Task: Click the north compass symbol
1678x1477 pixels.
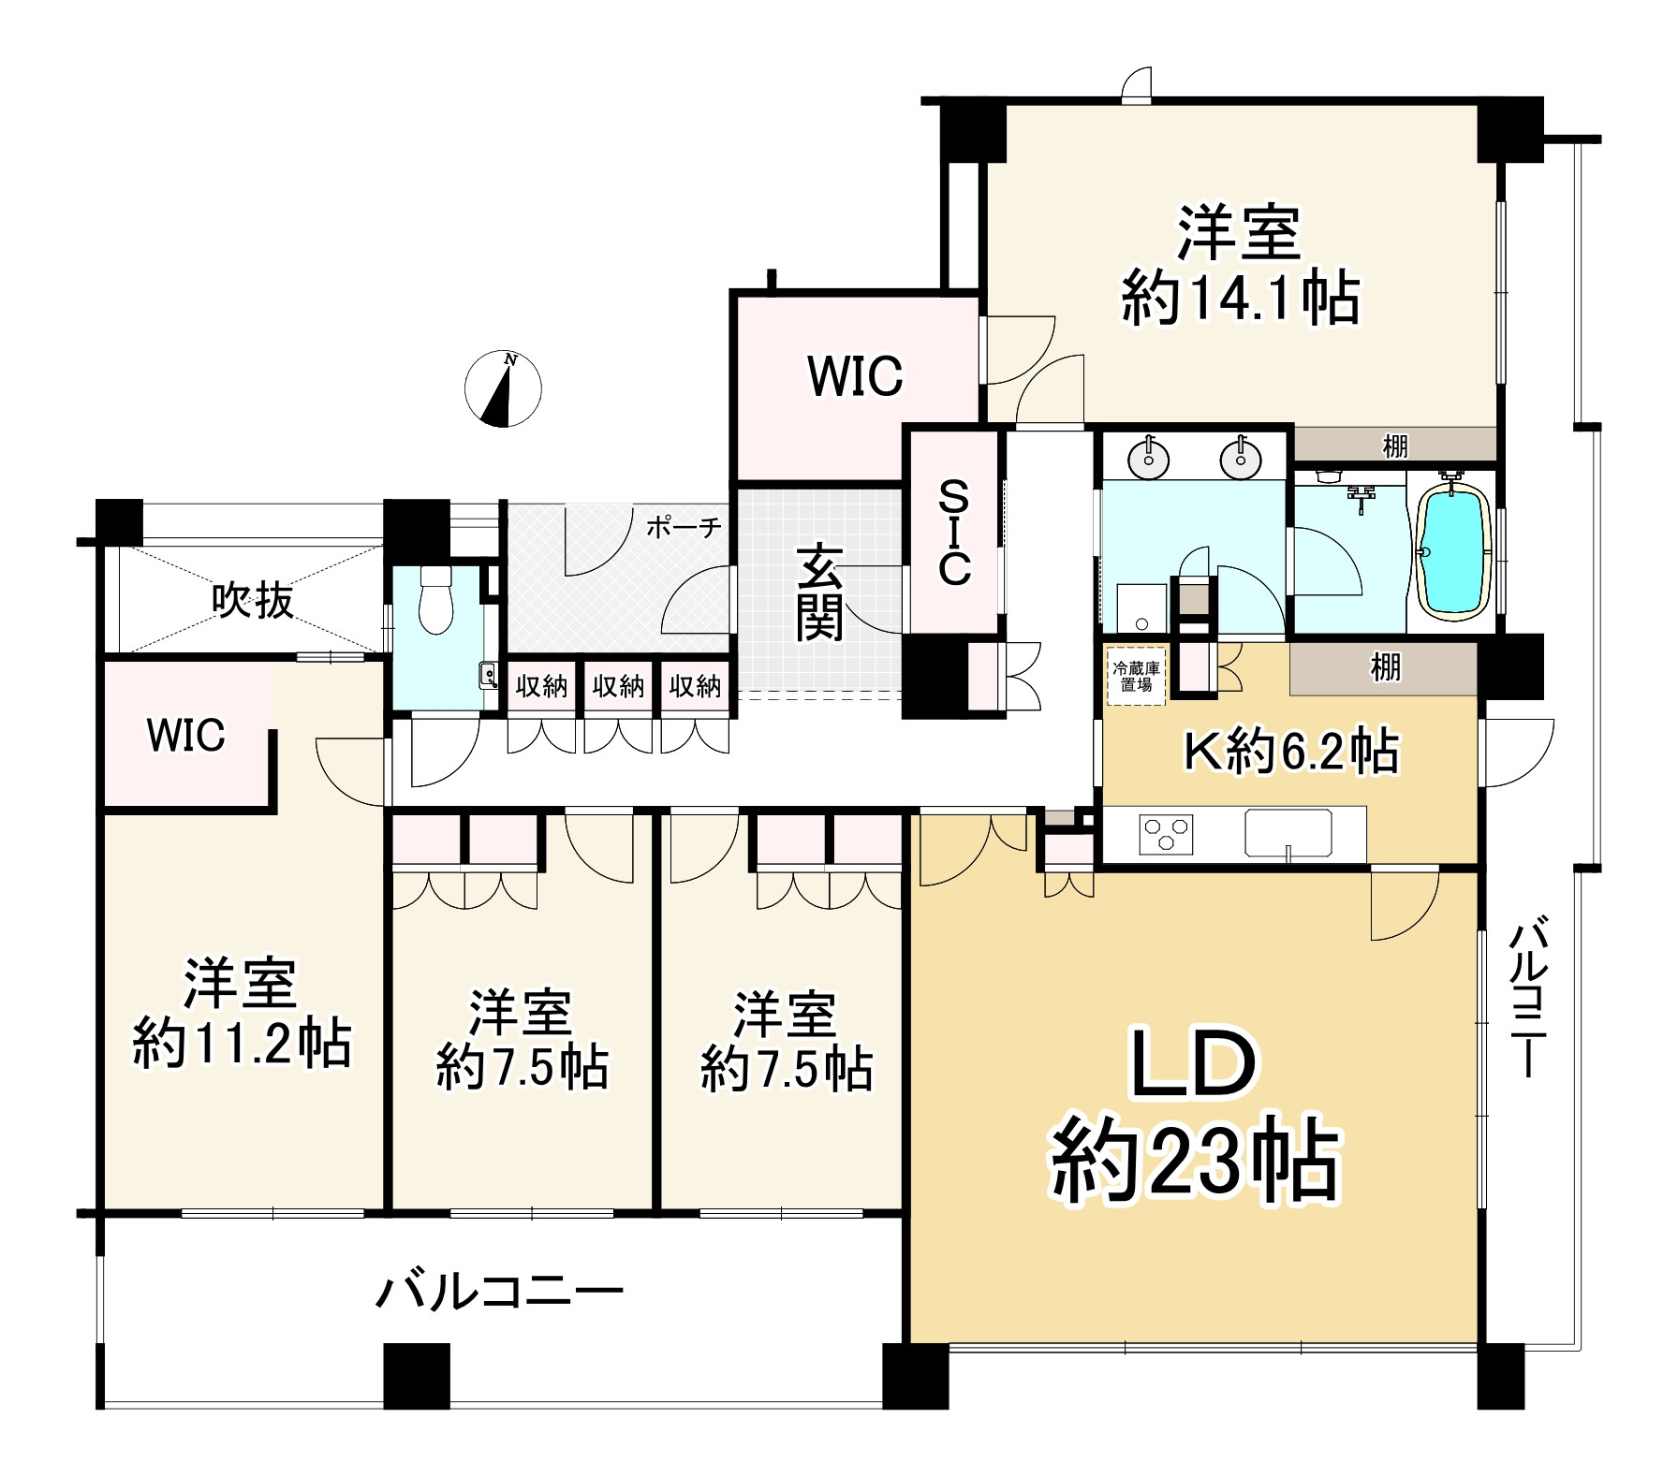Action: click(x=504, y=388)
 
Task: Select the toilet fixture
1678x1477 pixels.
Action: click(x=436, y=599)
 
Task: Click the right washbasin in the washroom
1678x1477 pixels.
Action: click(x=1241, y=459)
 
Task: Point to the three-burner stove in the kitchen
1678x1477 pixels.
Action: click(x=1167, y=832)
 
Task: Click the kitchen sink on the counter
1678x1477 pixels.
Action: click(x=1288, y=832)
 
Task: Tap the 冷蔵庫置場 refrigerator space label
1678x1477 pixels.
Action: click(x=1134, y=676)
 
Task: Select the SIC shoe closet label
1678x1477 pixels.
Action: click(x=954, y=532)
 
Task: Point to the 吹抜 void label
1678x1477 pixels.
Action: click(x=253, y=600)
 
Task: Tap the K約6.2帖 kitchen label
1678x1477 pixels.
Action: click(x=1291, y=751)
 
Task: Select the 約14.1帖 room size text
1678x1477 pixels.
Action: click(x=1241, y=299)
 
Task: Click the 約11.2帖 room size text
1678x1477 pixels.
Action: click(x=243, y=1045)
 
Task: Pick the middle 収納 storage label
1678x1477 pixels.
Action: click(x=618, y=687)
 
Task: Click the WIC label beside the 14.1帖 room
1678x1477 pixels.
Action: click(x=856, y=376)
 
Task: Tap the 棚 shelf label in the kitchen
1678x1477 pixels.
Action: click(x=1386, y=667)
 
